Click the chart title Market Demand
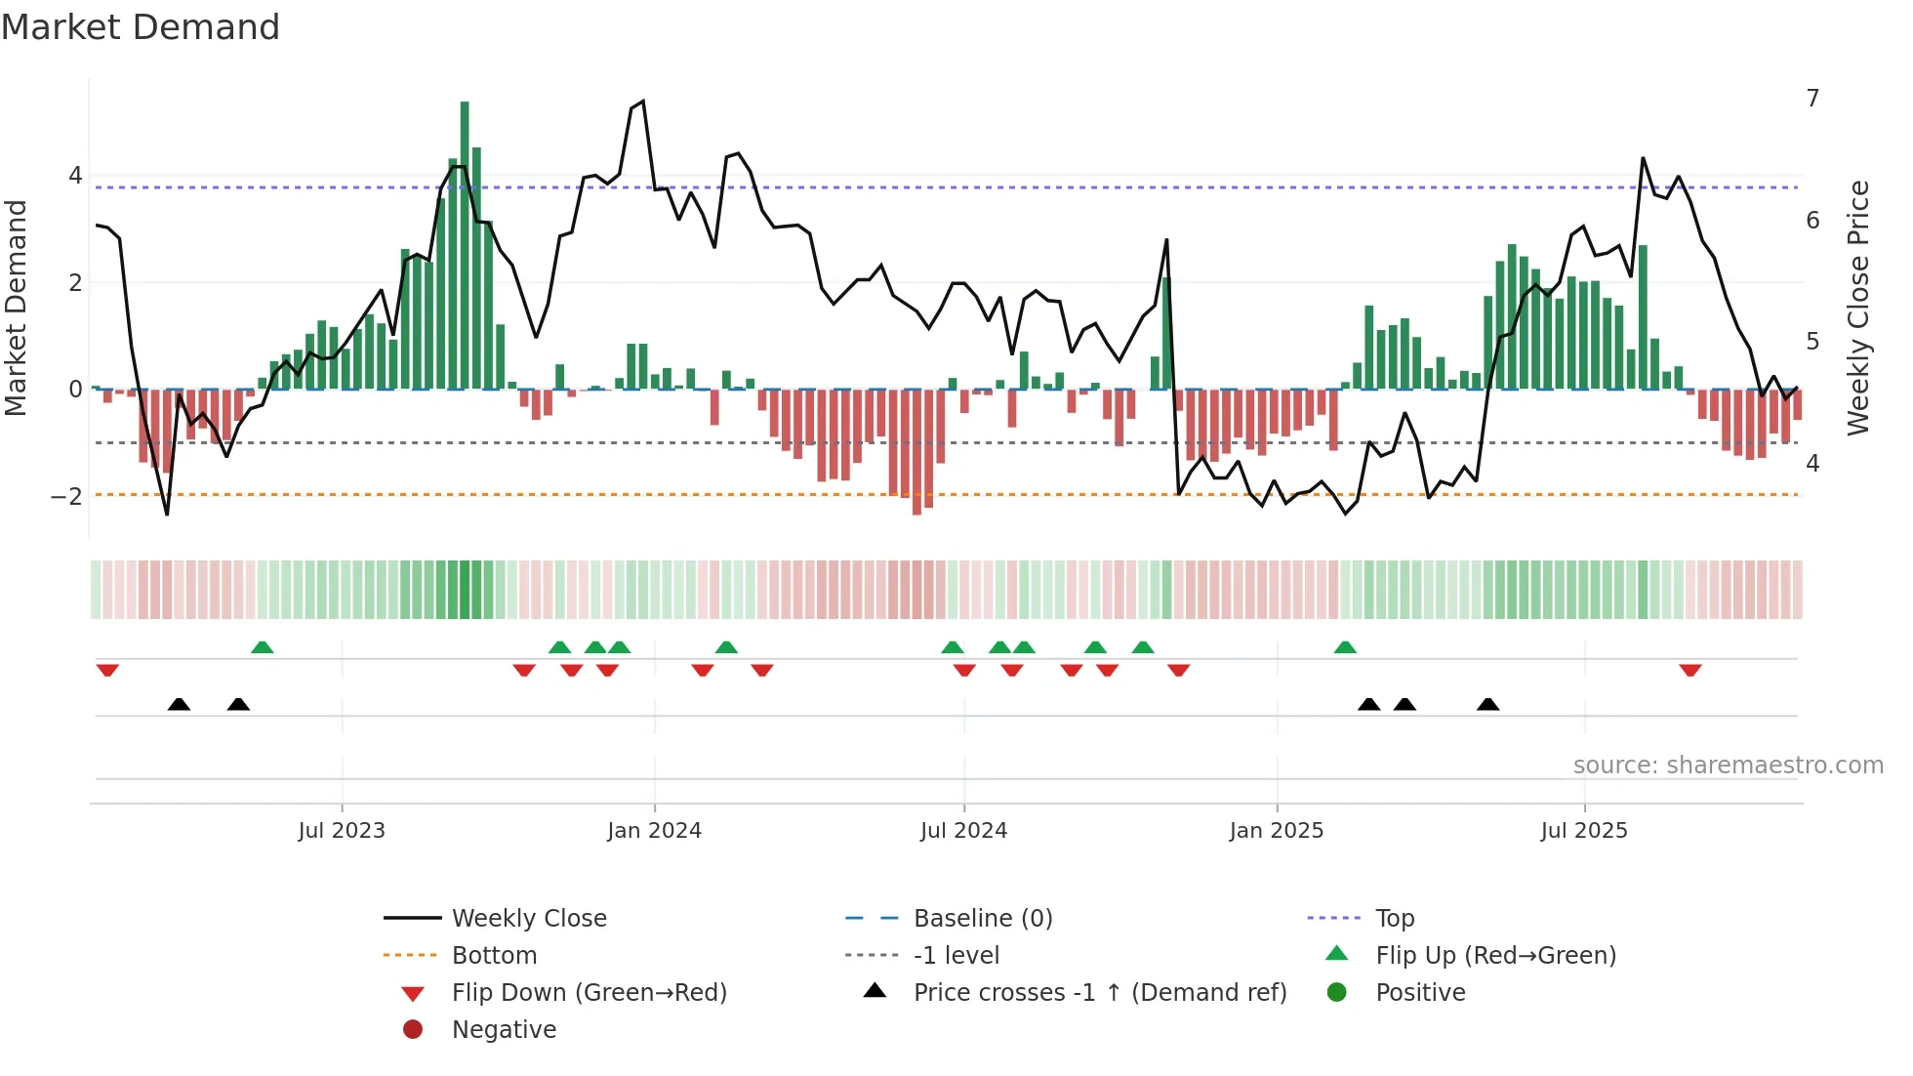141,27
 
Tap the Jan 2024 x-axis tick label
654,831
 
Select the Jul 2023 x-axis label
342,831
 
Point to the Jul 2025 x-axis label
1584,831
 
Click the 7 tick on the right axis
1812,99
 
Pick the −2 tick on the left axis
66,496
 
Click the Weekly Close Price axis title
1858,308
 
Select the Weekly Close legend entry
528,919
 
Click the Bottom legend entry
494,956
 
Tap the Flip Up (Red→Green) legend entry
1495,956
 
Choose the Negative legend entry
504,1030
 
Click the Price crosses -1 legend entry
1099,993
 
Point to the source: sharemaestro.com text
1728,766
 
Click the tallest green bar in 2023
465,244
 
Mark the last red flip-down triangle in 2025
1690,670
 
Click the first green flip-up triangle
262,647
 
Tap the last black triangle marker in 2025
1487,704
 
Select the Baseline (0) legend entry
982,919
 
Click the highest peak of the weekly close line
642,102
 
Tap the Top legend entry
1394,919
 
